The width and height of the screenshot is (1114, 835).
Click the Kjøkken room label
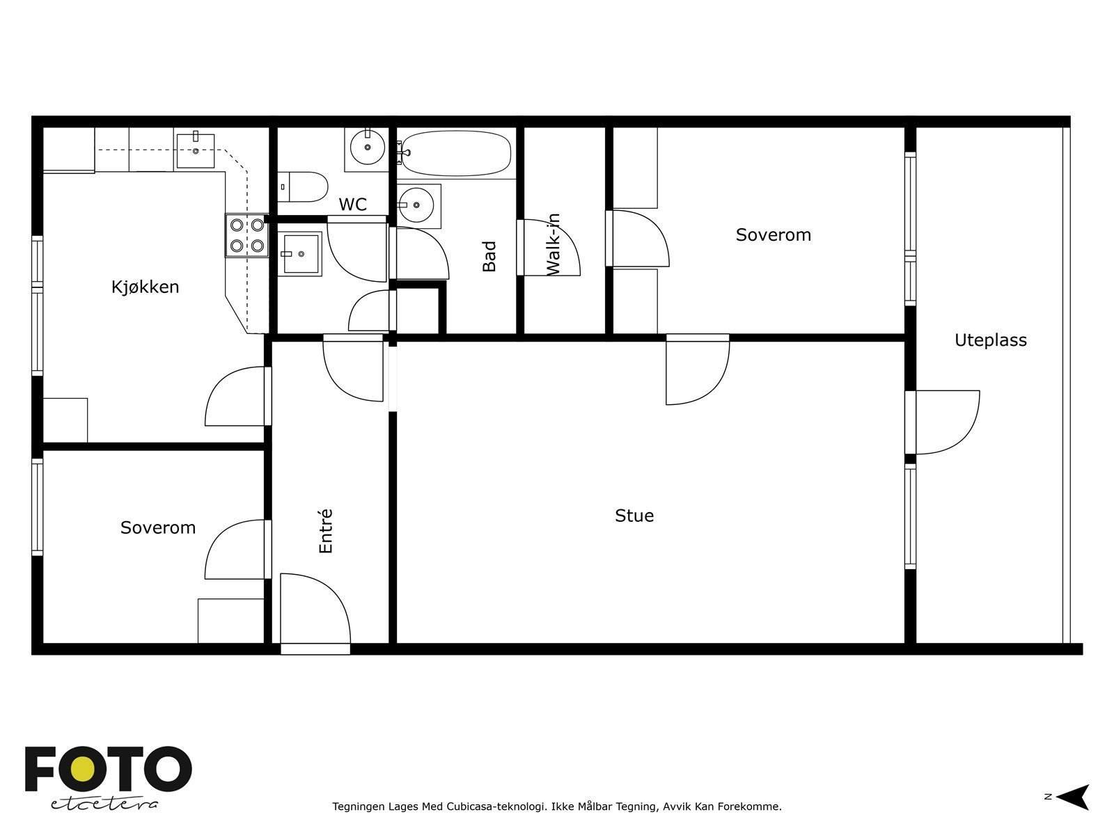[145, 287]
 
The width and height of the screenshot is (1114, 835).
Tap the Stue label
[634, 516]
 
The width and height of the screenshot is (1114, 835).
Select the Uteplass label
[990, 340]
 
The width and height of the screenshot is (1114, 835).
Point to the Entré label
[325, 531]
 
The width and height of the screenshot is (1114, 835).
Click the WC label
[353, 205]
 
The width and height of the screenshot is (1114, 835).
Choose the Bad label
[489, 256]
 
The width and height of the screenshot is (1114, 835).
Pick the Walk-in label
[553, 245]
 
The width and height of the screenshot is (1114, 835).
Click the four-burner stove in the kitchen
[247, 235]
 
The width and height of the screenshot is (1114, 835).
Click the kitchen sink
[196, 150]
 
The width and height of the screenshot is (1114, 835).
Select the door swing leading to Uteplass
[947, 422]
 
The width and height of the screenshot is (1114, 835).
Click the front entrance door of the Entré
[315, 614]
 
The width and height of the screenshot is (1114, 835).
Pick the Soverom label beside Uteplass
[774, 234]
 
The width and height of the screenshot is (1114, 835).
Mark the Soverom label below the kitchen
[158, 527]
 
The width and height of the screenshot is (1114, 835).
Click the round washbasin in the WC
[368, 148]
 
